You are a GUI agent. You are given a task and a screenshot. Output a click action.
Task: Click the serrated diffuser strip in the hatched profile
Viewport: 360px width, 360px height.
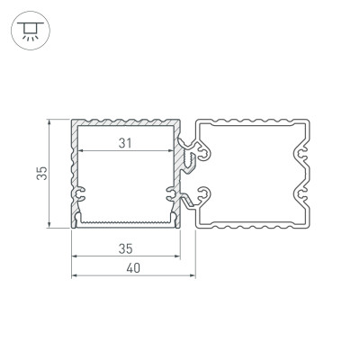(125, 219)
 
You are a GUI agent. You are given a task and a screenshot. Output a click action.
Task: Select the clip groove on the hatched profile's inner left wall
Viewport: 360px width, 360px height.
(82, 192)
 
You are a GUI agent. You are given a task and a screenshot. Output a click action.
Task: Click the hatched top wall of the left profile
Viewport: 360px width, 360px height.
(125, 121)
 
